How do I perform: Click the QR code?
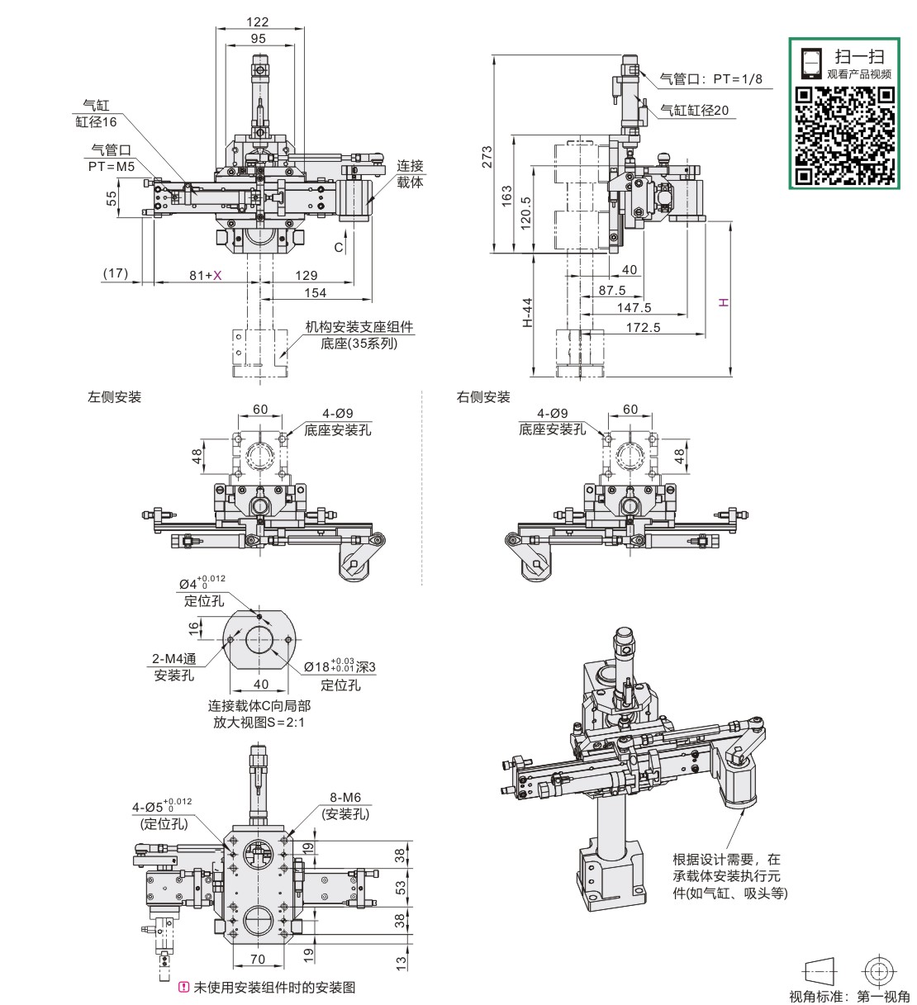coord(845,135)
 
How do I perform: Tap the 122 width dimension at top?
coord(258,22)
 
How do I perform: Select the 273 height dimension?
coord(487,157)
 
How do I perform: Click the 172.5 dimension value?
coord(644,327)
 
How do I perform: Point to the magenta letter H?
coord(724,302)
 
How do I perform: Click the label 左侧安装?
coord(114,397)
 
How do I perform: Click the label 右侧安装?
coord(482,397)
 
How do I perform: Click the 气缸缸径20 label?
coord(694,110)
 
